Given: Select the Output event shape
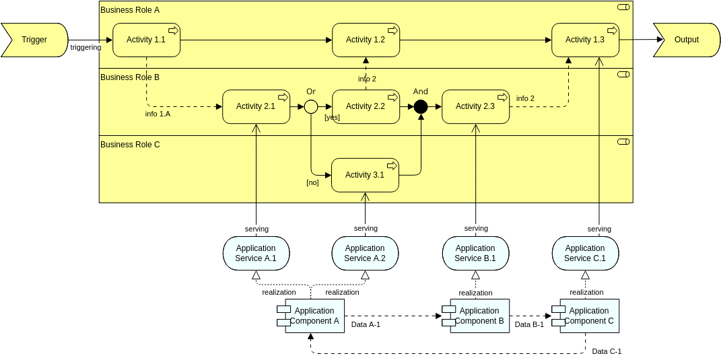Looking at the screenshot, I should click(x=686, y=40).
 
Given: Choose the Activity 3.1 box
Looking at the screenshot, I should click(x=365, y=175).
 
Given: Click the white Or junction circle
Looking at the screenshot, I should click(x=311, y=106).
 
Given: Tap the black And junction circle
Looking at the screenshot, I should click(x=421, y=106).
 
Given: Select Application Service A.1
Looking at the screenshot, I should click(x=256, y=253).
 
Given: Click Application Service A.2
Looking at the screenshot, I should click(x=366, y=253).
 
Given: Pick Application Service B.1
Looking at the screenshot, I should click(x=475, y=253).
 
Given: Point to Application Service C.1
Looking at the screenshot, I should click(x=585, y=253).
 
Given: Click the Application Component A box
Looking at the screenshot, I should click(x=314, y=316).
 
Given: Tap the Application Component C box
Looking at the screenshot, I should click(x=589, y=316).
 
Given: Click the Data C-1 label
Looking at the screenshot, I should click(x=607, y=351).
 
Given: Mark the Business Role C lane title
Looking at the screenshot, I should click(x=130, y=144).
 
